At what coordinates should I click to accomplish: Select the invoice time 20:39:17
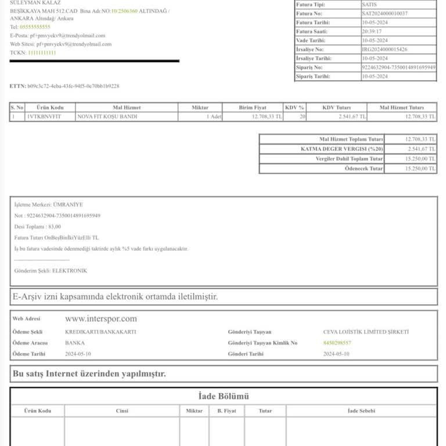click(x=372, y=31)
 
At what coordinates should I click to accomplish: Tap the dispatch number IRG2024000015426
click(x=384, y=49)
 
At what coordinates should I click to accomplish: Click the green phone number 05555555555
click(x=35, y=27)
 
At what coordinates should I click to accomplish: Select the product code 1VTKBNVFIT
click(x=44, y=117)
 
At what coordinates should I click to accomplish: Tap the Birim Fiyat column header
click(x=253, y=107)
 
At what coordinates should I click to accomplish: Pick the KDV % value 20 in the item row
click(x=302, y=117)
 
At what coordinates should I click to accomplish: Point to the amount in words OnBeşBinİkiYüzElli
click(x=68, y=238)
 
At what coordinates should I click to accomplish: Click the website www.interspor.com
click(x=101, y=319)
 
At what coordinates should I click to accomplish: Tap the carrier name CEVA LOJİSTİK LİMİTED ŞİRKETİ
click(x=366, y=332)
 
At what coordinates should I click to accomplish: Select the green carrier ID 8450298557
click(x=337, y=343)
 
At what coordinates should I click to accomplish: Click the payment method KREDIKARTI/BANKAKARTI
click(x=100, y=332)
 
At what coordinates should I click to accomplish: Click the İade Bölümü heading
click(x=224, y=397)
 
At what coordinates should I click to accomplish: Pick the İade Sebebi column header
click(x=361, y=411)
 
